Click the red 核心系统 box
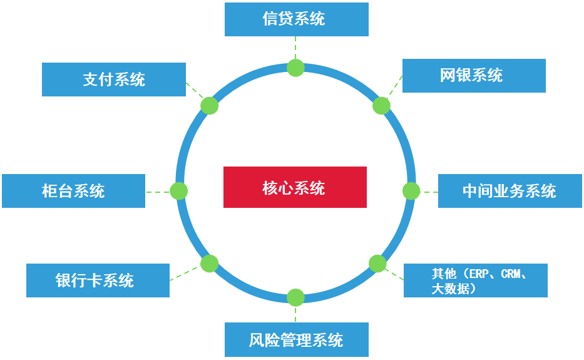click(x=295, y=187)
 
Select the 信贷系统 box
click(x=296, y=19)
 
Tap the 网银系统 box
click(x=474, y=76)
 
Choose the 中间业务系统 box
click(x=510, y=191)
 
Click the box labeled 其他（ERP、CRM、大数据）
click(x=475, y=280)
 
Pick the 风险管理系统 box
click(x=296, y=340)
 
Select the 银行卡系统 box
click(x=98, y=280)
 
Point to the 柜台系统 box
click(x=73, y=191)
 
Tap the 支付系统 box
click(x=113, y=80)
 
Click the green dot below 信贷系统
click(x=295, y=68)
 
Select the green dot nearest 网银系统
click(x=381, y=106)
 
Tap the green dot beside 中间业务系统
click(x=411, y=191)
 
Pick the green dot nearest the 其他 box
click(x=377, y=264)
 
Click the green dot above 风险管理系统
click(x=295, y=297)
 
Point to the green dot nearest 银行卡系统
click(x=209, y=264)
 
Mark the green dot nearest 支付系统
click(x=209, y=105)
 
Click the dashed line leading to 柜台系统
click(x=158, y=192)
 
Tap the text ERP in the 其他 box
click(x=479, y=274)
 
